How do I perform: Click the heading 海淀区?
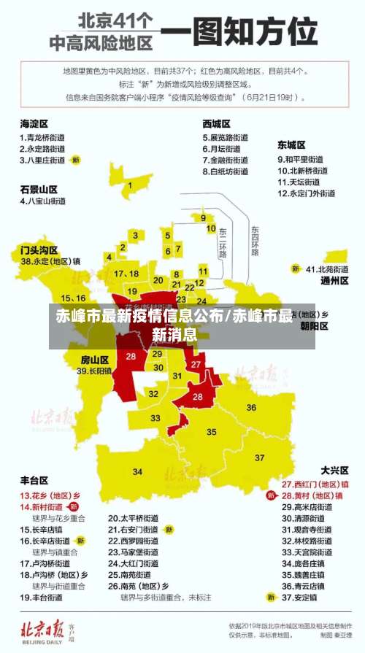tap(34, 123)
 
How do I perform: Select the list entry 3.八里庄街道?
tap(43, 159)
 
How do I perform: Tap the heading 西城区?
tap(217, 123)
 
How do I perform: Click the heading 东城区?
tap(291, 145)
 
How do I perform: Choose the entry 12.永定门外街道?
tap(306, 193)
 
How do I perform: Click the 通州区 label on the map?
tap(334, 280)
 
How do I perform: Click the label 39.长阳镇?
tap(94, 371)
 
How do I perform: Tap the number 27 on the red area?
tap(196, 363)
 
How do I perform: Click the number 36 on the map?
tap(251, 407)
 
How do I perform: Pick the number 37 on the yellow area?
tap(260, 457)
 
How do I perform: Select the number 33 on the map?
tap(155, 418)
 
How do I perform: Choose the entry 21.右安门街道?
tap(133, 529)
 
